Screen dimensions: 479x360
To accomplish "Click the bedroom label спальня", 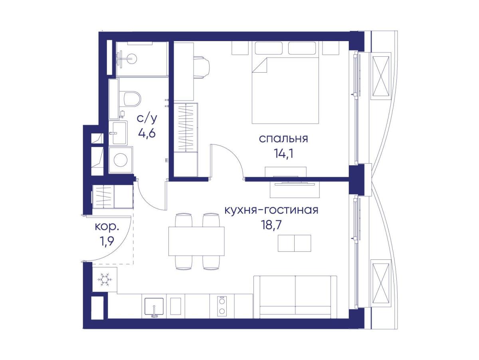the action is [283, 139].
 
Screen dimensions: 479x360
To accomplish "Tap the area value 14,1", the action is [283, 154].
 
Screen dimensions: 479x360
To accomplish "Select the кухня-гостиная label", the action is [271, 210].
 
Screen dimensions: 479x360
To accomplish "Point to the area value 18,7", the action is [271, 225].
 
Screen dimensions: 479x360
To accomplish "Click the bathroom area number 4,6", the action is [146, 133].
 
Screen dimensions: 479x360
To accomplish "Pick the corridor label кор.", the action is [107, 227].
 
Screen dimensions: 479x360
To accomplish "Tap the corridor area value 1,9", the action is [107, 241].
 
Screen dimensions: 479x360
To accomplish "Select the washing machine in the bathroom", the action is [121, 160].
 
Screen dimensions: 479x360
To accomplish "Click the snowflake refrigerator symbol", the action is [105, 280].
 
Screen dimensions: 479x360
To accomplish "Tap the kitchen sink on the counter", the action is [154, 306].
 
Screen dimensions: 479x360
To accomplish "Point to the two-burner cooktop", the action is [222, 306].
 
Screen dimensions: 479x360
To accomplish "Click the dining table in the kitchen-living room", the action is [196, 241].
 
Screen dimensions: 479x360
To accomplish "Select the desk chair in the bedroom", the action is [202, 67].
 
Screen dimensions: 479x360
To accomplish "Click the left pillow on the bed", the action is [269, 48].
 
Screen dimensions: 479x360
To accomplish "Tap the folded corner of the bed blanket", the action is [260, 65].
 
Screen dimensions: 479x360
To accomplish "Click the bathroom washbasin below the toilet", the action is [119, 133].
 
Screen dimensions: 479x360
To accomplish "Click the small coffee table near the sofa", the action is [294, 243].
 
